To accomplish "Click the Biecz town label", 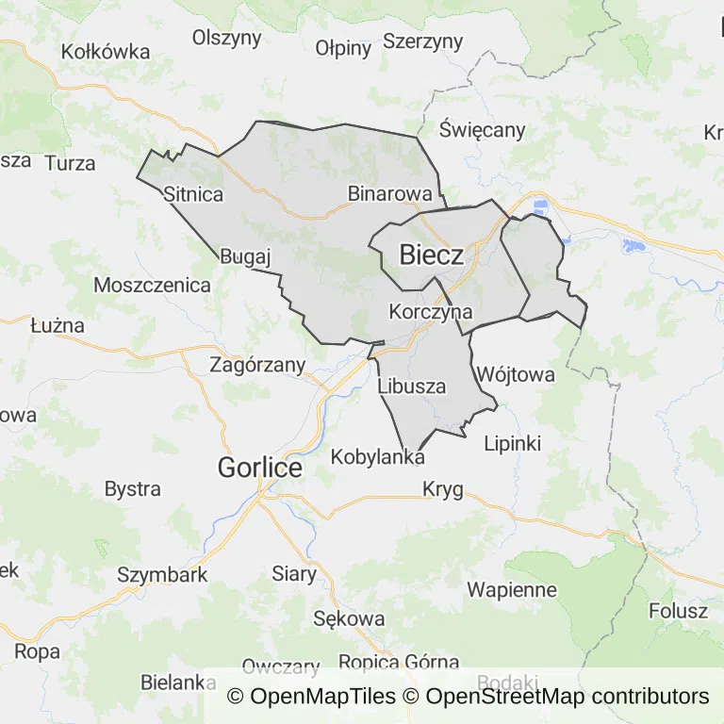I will pyautogui.click(x=431, y=255).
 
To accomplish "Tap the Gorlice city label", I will pyautogui.click(x=259, y=467).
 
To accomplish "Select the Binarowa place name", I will pyautogui.click(x=389, y=193).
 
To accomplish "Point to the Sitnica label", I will pyautogui.click(x=192, y=194).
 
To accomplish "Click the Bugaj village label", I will pyautogui.click(x=245, y=256).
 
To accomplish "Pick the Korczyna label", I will pyautogui.click(x=430, y=311).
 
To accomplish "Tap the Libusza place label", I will pyautogui.click(x=411, y=386).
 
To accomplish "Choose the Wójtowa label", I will pyautogui.click(x=515, y=374).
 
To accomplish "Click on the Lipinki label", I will pyautogui.click(x=512, y=442).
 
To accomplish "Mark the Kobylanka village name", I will pyautogui.click(x=378, y=457).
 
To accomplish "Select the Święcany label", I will pyautogui.click(x=482, y=130).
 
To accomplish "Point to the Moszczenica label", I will pyautogui.click(x=152, y=285).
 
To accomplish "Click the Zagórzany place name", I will pyautogui.click(x=257, y=364).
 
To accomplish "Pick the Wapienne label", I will pyautogui.click(x=512, y=590).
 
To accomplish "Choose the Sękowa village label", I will pyautogui.click(x=349, y=618).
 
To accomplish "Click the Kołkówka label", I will pyautogui.click(x=105, y=52).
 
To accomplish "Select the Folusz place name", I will pyautogui.click(x=678, y=611).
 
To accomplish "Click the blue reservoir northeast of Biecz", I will pyautogui.click(x=540, y=206).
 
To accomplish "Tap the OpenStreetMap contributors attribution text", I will pyautogui.click(x=567, y=697).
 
